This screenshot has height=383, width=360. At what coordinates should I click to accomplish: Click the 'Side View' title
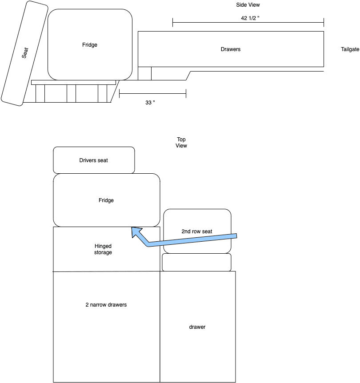(x=248, y=5)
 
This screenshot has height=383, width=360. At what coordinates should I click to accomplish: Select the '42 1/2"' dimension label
(x=250, y=18)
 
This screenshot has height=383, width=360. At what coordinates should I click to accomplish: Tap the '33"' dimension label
(x=150, y=103)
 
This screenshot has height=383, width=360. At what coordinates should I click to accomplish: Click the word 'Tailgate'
(x=350, y=49)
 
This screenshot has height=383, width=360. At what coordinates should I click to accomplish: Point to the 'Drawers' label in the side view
(x=231, y=49)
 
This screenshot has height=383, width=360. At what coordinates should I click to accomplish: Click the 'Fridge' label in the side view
(x=90, y=45)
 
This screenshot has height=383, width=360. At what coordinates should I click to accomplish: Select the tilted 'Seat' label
(x=25, y=53)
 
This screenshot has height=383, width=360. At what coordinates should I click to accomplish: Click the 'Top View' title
(x=181, y=143)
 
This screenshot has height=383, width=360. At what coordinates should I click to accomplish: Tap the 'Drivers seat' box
(x=94, y=160)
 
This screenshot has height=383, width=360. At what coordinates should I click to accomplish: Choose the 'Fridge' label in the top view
(x=106, y=200)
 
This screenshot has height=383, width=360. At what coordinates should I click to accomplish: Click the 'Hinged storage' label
(x=103, y=249)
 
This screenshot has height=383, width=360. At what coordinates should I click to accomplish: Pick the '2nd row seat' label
(x=197, y=231)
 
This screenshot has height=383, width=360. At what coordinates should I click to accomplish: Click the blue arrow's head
(x=136, y=232)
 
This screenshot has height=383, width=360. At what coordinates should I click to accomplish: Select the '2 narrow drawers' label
(x=106, y=305)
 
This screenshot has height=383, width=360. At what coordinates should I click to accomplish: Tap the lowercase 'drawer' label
(x=197, y=327)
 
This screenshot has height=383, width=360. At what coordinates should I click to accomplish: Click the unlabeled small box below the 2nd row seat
(x=197, y=262)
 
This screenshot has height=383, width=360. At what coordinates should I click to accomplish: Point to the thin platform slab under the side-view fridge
(x=74, y=82)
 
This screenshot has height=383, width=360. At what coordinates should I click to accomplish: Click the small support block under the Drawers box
(x=145, y=73)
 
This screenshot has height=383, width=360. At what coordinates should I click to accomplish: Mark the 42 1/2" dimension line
(x=248, y=23)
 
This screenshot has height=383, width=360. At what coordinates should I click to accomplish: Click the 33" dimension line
(x=152, y=93)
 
